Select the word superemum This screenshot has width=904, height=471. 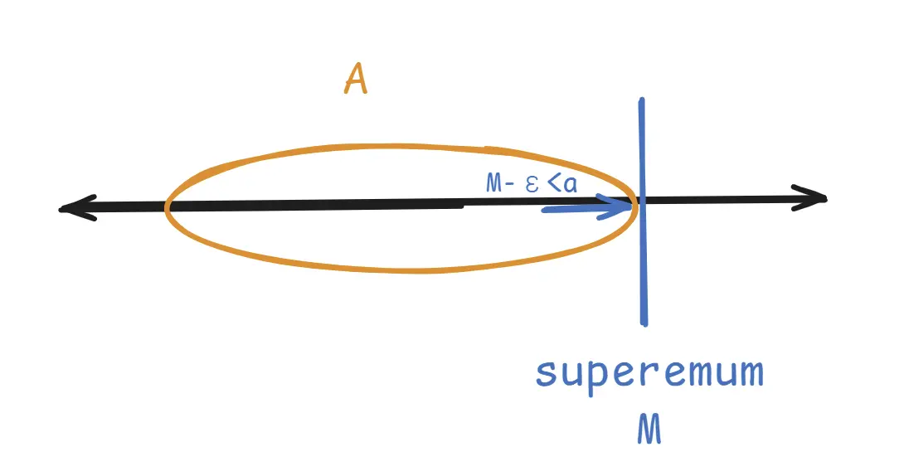[x=649, y=374]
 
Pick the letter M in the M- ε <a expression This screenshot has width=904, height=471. [x=494, y=184]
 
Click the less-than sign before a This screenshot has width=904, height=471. [x=552, y=184]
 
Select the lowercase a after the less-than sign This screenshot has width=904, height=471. [x=569, y=184]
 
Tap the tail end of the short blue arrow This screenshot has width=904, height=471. [x=544, y=209]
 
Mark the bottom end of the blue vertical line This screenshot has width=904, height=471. [x=644, y=322]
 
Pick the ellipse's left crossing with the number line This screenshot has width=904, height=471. [x=168, y=206]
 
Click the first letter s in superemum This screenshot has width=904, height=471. [x=546, y=374]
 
